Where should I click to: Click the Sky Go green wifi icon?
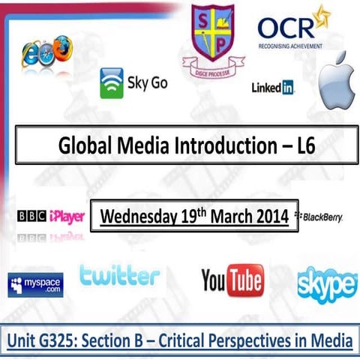(x=112, y=84)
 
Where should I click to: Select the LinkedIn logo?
(x=273, y=88)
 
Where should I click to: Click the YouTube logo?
(x=232, y=281)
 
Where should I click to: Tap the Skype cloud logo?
(x=326, y=284)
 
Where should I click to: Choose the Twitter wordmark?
(x=119, y=275)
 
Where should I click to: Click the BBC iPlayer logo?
(x=51, y=217)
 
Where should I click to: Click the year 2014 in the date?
(x=268, y=217)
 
